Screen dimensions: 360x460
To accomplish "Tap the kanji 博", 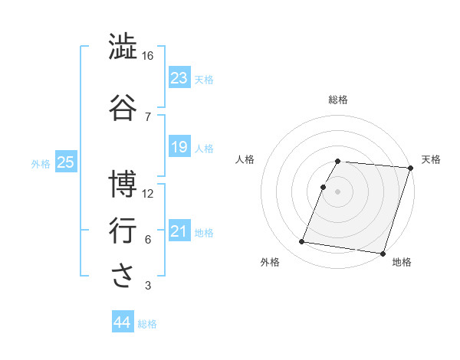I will coord(123,184).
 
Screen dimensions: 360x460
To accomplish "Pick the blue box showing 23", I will coord(179,77).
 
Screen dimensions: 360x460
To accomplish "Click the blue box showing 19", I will coord(179,146).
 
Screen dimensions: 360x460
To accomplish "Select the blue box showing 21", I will coord(179,231).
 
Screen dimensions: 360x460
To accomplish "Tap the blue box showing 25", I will coord(65,162).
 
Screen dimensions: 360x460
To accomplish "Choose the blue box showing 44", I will coord(123,322).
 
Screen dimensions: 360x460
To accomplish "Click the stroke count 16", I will coord(148,55).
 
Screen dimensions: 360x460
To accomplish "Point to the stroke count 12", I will coord(148,193).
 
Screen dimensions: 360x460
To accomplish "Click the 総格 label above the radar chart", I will coord(338,100).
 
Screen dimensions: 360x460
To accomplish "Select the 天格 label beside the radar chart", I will coord(431,159).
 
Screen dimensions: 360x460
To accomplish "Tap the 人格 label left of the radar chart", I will coord(245,159).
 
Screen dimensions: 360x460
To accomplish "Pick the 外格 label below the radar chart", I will coord(270,262).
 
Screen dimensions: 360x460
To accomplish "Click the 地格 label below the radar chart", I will coord(402,262).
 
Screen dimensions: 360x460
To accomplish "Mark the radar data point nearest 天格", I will coord(411,168).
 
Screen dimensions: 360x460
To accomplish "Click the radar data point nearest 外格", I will coord(302,241).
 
